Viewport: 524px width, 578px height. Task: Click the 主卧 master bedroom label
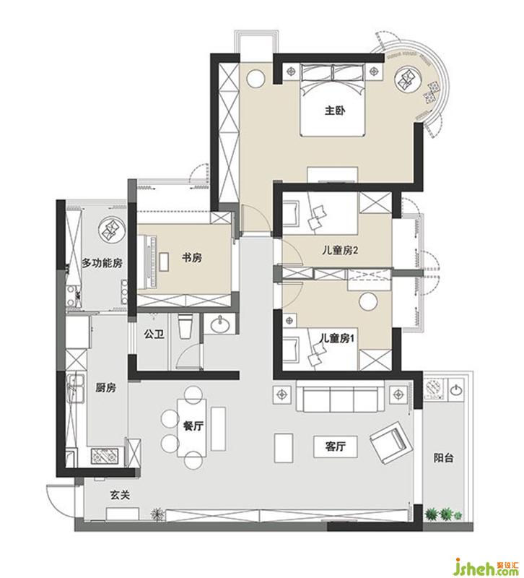(335, 111)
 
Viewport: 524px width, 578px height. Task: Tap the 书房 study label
(191, 258)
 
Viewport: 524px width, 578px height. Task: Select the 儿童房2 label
(340, 251)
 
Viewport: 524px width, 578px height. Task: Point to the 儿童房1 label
(337, 338)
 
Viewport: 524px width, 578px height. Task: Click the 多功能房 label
(102, 263)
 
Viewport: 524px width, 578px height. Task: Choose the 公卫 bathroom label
(154, 335)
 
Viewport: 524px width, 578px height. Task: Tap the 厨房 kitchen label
(105, 387)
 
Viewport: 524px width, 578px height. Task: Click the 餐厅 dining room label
(193, 426)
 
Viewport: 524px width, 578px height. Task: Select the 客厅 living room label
(335, 447)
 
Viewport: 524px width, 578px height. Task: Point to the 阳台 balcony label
(443, 458)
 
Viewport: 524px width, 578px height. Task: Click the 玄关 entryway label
(120, 496)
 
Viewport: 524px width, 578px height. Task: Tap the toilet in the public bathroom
(185, 327)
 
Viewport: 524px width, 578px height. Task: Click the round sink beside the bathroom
(220, 324)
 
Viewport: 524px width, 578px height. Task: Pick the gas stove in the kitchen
(106, 456)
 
